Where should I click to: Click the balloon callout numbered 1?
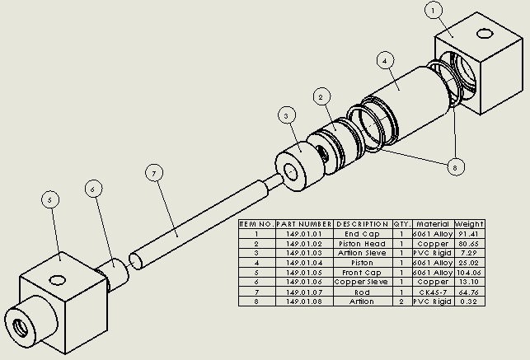pos(434,10)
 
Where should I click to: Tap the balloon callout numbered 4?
pos(385,60)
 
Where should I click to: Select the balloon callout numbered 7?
pos(152,173)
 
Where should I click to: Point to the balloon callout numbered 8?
pos(453,166)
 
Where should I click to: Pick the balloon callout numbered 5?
pos(50,199)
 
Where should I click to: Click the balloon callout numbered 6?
pos(93,189)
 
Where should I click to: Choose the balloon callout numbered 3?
pos(285,115)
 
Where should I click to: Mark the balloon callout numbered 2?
pos(321,97)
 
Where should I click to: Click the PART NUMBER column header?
pos(304,224)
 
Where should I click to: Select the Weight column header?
pos(469,224)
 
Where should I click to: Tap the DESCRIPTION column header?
pos(362,224)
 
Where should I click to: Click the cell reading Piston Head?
pos(362,244)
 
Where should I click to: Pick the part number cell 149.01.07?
pos(304,292)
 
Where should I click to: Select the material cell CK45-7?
pos(433,292)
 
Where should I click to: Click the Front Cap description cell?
pos(362,273)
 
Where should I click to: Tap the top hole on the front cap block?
pos(59,278)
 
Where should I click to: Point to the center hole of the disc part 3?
pos(291,172)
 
